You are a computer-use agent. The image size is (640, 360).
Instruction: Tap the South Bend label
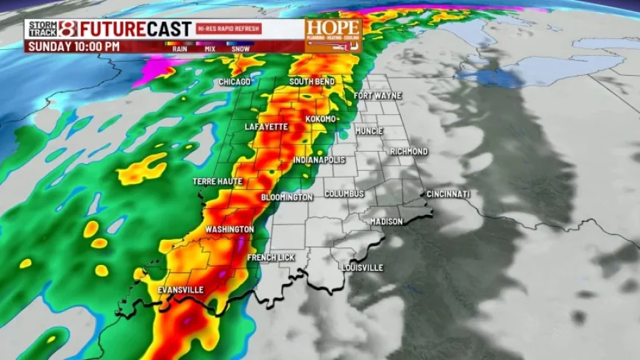[x=312, y=81]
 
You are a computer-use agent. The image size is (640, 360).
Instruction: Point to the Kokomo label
[x=321, y=119]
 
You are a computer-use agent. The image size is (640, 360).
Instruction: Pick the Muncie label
[x=369, y=131]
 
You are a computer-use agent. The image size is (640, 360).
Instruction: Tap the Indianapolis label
[x=319, y=160]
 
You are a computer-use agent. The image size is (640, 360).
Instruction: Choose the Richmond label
[x=408, y=152]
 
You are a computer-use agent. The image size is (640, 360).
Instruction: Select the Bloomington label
[x=287, y=198]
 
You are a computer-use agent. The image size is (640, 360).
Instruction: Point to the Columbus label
[x=344, y=194]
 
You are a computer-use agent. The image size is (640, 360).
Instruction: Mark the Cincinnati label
[x=448, y=194]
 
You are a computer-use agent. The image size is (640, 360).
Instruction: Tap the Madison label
[x=386, y=222]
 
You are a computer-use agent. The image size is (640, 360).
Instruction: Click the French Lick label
[x=271, y=258]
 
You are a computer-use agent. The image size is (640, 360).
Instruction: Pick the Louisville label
[x=363, y=268]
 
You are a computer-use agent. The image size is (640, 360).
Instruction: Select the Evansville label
[x=180, y=290]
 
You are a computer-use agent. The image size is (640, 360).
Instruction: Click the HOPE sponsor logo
[x=333, y=35]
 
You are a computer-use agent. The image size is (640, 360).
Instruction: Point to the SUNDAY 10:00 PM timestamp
[x=74, y=46]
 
